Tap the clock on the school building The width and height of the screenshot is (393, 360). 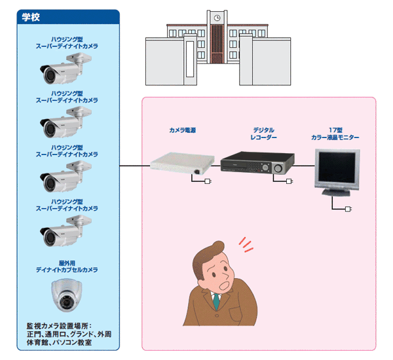(215, 18)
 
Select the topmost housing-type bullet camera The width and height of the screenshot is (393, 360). (65, 72)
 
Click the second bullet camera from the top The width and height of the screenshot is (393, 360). (65, 120)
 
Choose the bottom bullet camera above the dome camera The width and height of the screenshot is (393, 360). (65, 230)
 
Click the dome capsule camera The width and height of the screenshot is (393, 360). (67, 294)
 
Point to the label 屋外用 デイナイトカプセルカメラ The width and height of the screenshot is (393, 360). (67, 266)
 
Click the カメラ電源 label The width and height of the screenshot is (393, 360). (181, 130)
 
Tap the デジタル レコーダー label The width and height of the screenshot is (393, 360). (263, 134)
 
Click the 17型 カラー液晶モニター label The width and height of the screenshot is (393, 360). (335, 134)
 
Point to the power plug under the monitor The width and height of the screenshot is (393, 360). (348, 209)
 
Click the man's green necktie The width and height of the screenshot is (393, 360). (215, 302)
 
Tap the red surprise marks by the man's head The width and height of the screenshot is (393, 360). (245, 243)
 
